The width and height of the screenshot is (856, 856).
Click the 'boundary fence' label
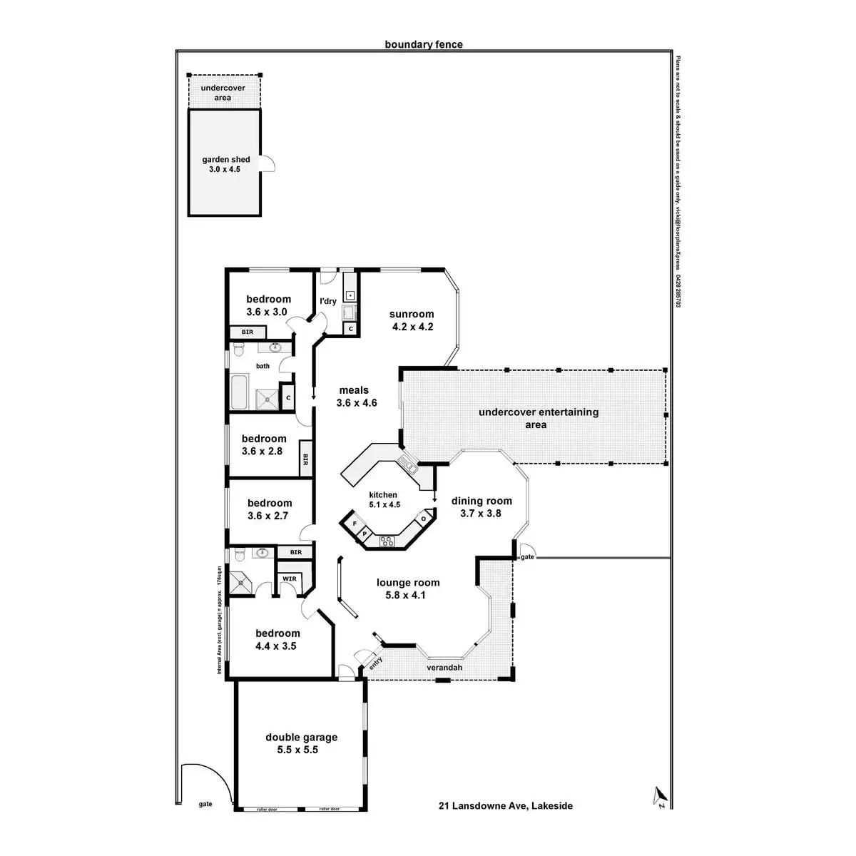[424, 44]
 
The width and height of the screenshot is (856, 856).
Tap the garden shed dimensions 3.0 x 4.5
[225, 170]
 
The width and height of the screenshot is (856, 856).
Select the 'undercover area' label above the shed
[223, 93]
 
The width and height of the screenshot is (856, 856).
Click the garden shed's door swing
[268, 163]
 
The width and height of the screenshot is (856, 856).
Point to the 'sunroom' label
[412, 314]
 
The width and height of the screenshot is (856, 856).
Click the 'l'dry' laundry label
[328, 301]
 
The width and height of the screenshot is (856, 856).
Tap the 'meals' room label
[354, 390]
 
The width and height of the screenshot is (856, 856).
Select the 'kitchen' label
[383, 495]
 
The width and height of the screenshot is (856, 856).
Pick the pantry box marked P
[364, 533]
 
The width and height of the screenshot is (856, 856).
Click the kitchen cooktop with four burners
[387, 541]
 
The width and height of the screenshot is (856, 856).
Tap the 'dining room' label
[481, 501]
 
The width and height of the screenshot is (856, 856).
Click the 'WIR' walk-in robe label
[290, 579]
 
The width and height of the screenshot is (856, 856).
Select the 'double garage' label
[301, 738]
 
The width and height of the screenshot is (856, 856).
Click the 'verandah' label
[444, 668]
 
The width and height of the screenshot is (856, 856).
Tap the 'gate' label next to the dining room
[527, 556]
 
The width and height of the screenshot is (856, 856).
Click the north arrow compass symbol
[659, 795]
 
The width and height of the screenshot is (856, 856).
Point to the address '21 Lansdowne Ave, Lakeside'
[505, 806]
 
